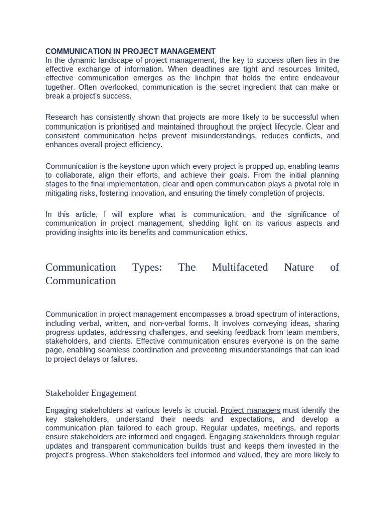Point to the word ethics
click(x=236, y=233)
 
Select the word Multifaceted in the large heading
click(x=240, y=267)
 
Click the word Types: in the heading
click(x=147, y=267)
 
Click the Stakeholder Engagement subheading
click(x=91, y=393)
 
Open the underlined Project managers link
click(x=250, y=410)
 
